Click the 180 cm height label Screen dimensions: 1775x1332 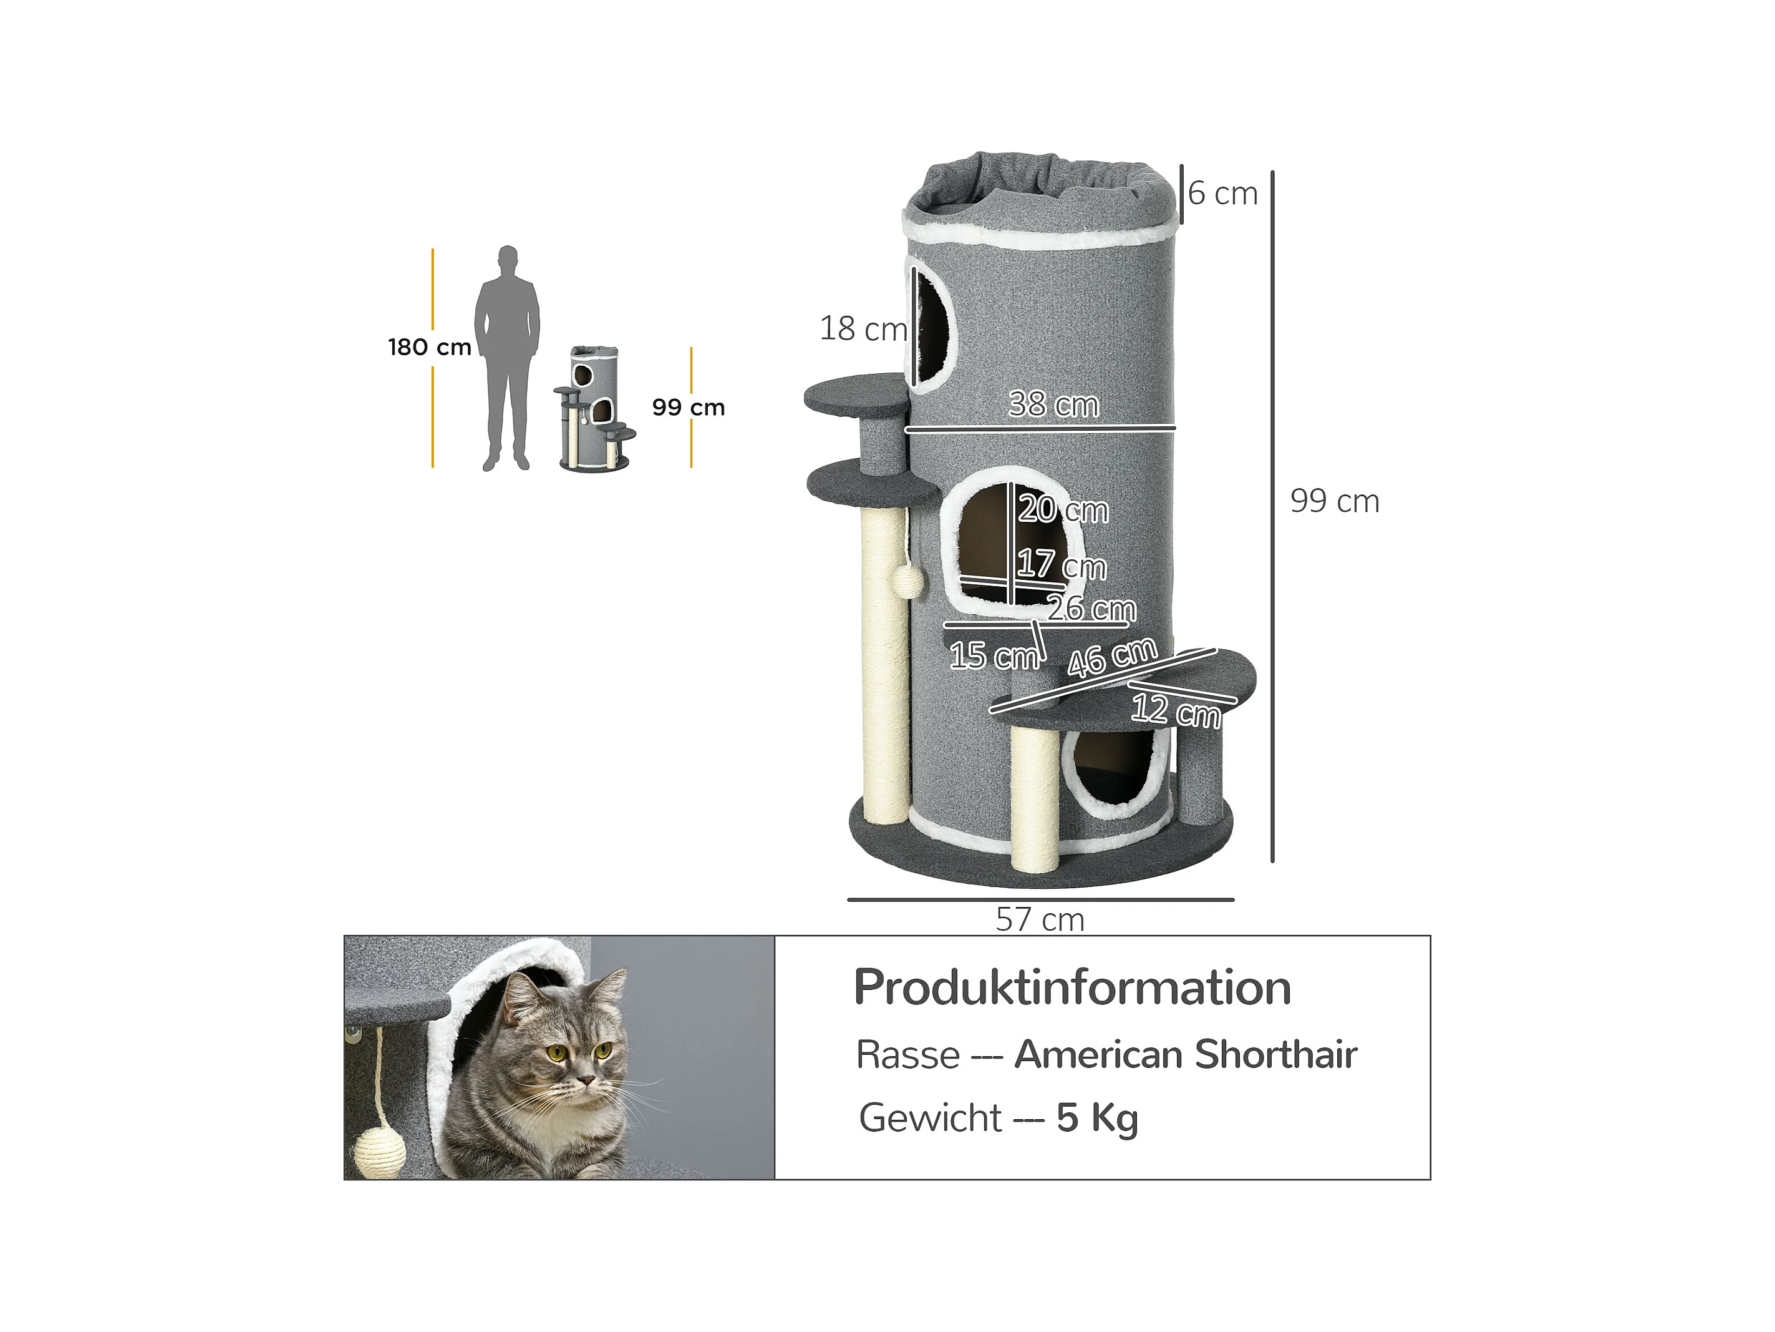pos(429,347)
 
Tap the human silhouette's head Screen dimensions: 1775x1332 pos(507,261)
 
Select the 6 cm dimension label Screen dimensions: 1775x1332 pos(1222,193)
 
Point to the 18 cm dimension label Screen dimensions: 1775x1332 pos(863,328)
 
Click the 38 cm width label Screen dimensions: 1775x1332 pos(1053,404)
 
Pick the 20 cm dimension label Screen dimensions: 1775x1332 pos(1063,509)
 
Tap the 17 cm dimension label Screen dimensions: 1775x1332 pos(1062,564)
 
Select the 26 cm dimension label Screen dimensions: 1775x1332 pos(1091,608)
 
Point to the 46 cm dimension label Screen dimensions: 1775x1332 pos(1112,657)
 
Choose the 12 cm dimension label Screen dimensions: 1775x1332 pos(1176,710)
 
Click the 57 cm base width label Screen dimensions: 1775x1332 pos(1040,919)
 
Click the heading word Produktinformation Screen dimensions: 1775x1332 pos(1072,987)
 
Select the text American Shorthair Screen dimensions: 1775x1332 pos(1186,1054)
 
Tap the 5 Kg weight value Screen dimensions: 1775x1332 pos(1097,1119)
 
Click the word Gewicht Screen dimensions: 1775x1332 pos(930,1119)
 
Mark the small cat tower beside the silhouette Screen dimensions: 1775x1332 pos(594,409)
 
